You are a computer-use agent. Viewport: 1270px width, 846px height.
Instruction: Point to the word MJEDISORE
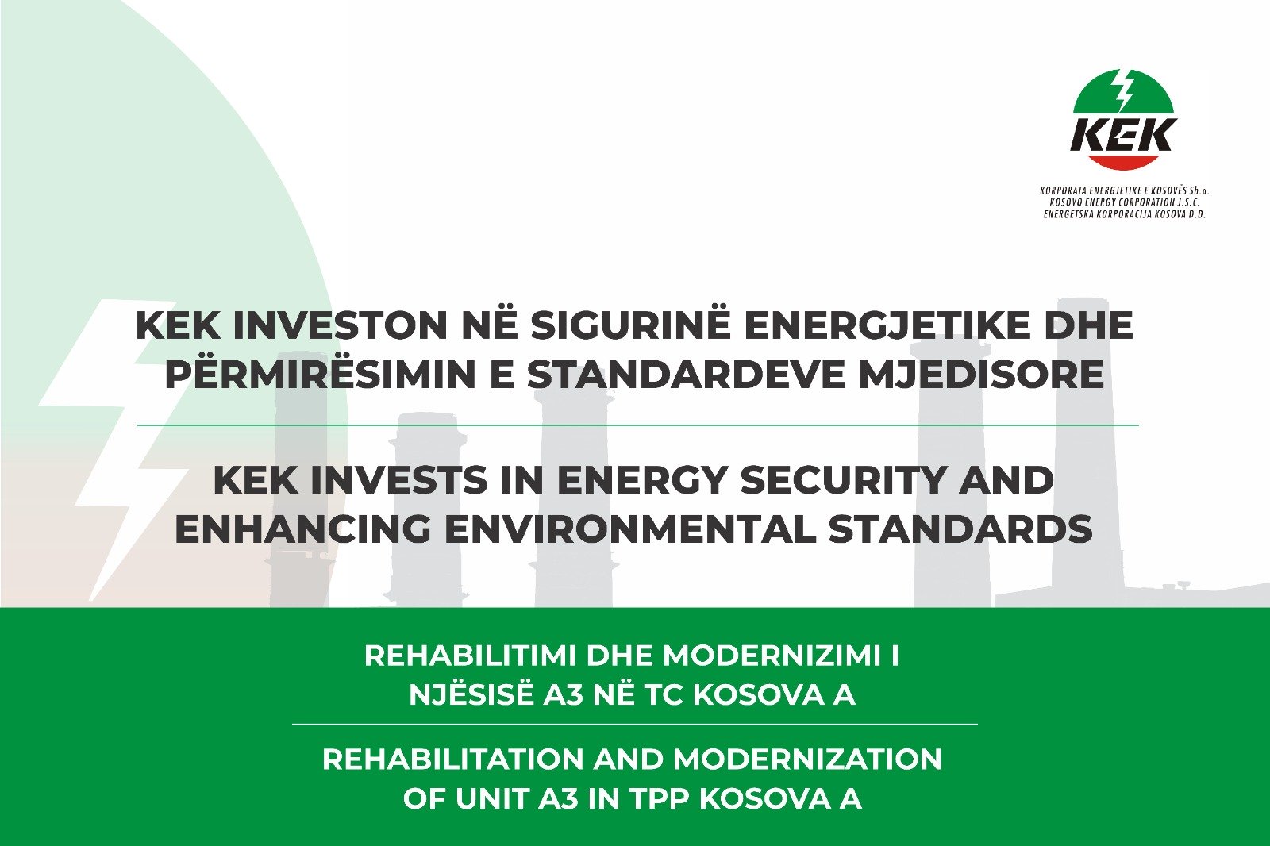tap(983, 375)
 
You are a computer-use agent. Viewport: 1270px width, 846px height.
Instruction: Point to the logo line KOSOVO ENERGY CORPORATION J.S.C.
tap(1122, 202)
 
